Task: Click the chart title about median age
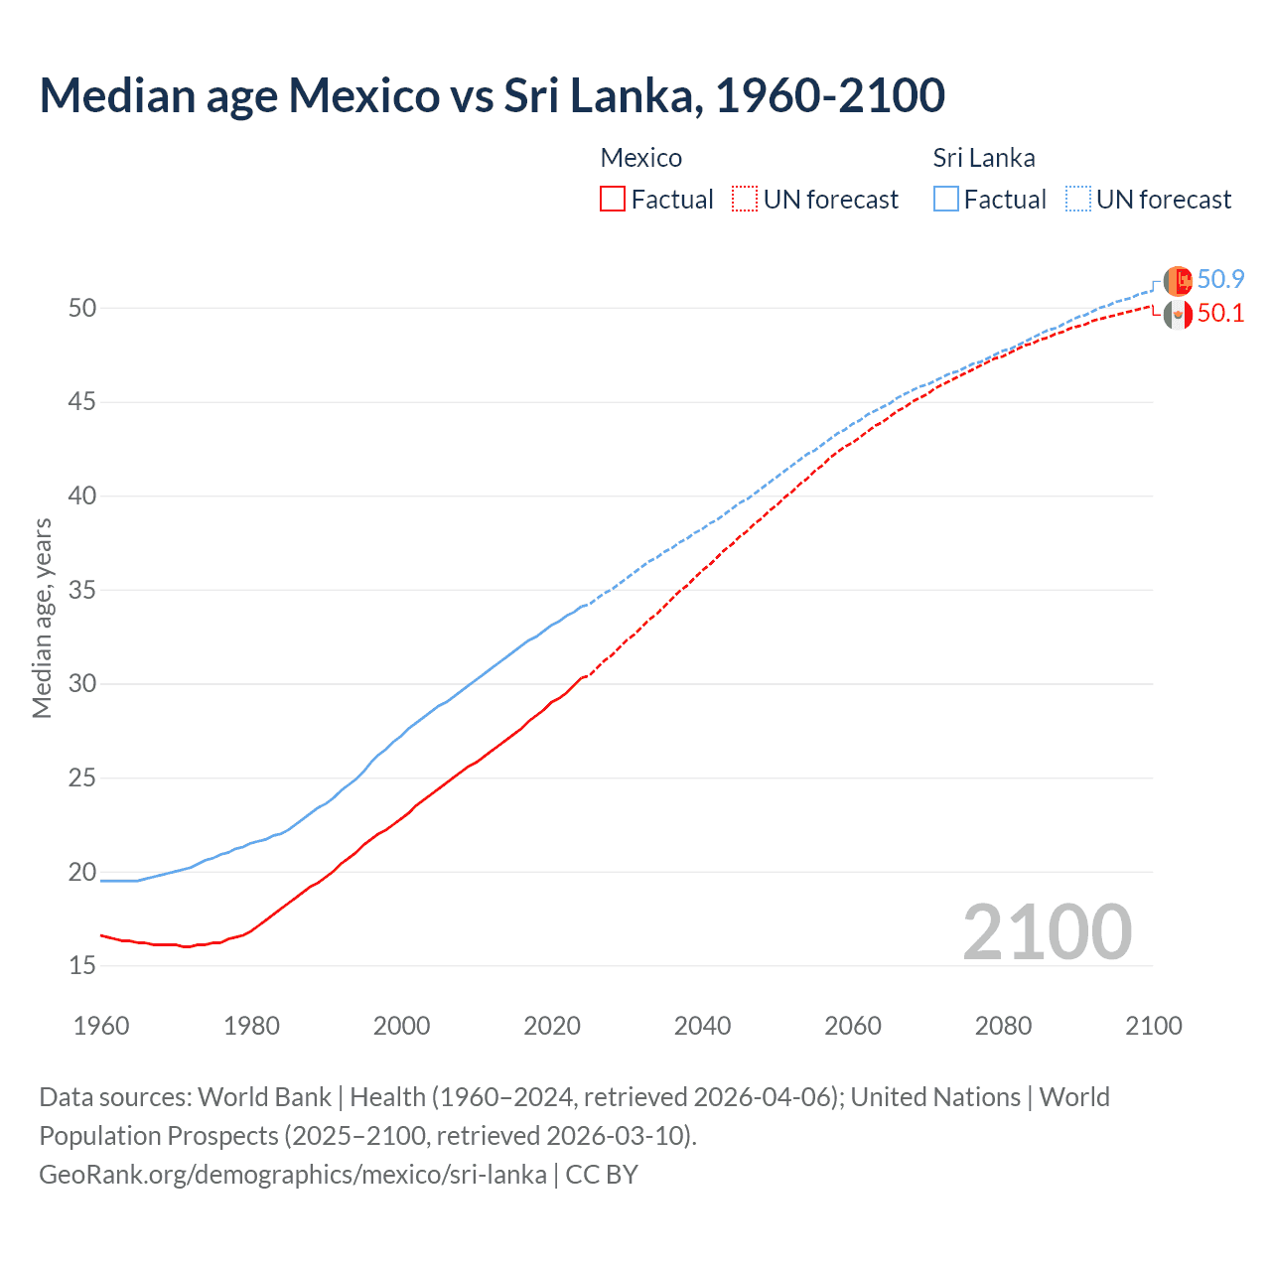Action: (492, 95)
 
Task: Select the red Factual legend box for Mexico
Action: (613, 199)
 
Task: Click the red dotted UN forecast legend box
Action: (745, 199)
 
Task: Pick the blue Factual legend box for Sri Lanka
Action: (946, 199)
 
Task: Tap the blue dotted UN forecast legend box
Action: (1078, 199)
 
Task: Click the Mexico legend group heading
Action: (640, 158)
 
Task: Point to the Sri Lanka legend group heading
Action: (983, 158)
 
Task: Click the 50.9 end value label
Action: (1220, 280)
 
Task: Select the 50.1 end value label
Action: (1220, 314)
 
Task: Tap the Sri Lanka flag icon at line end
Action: (1178, 281)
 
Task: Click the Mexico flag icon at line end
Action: (1178, 315)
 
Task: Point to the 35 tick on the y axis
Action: (82, 591)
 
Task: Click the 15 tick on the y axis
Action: (82, 965)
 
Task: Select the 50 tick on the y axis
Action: (82, 309)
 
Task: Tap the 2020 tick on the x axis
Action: (552, 1026)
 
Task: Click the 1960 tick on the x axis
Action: (101, 1026)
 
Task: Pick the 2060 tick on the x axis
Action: (853, 1026)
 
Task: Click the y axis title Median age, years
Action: (42, 618)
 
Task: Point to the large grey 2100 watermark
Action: (1047, 931)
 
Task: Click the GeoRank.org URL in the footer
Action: (293, 1175)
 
